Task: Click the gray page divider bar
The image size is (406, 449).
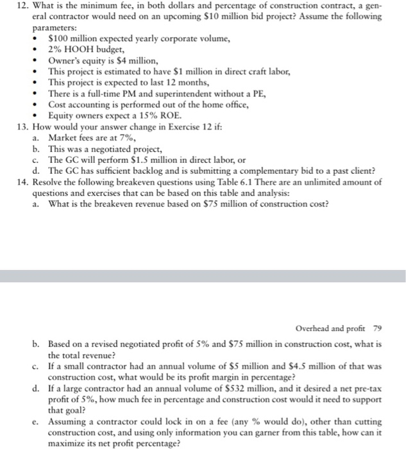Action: pyautogui.click(x=203, y=276)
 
